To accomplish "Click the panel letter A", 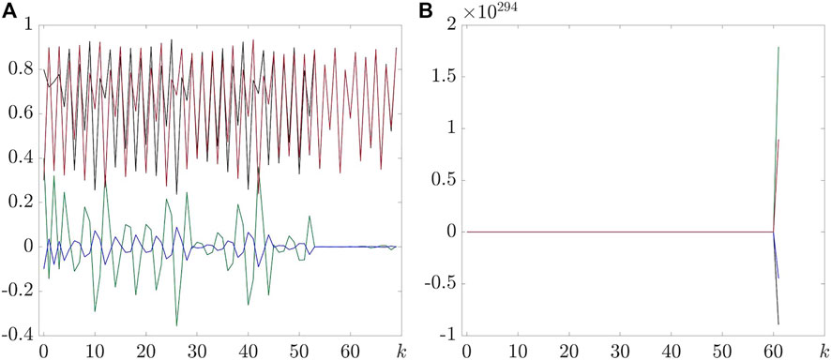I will [8, 12].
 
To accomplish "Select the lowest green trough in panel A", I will [176, 325].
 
